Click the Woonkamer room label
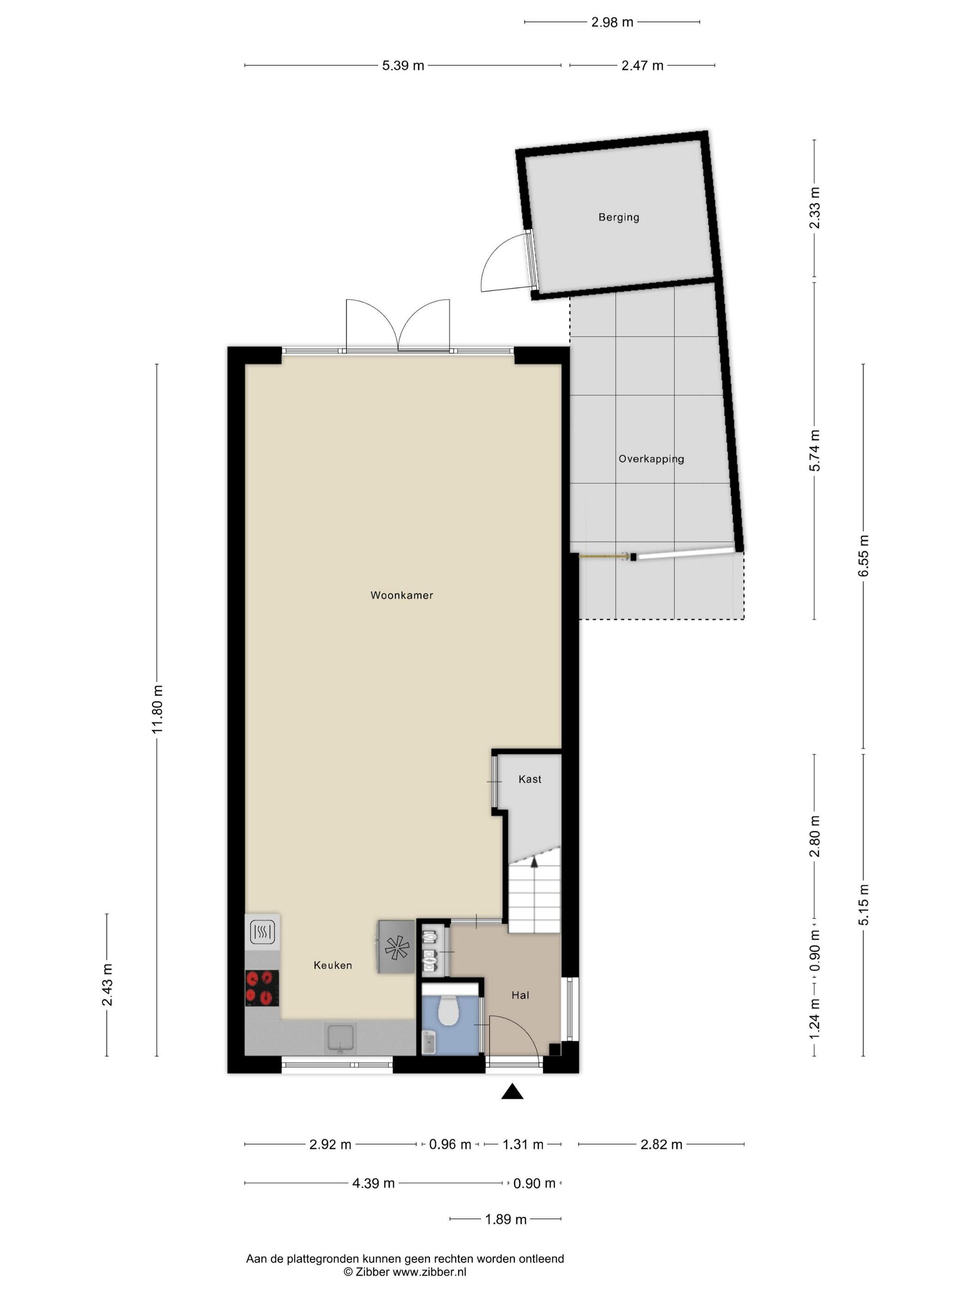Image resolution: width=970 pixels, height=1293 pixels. [402, 596]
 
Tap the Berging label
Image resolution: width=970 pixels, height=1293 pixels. [618, 218]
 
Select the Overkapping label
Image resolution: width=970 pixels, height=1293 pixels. [651, 459]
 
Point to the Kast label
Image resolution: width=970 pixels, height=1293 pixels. [530, 779]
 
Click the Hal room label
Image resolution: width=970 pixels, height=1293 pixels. [520, 995]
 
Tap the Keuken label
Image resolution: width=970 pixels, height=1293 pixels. [333, 965]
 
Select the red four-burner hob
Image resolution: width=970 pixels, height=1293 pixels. [262, 987]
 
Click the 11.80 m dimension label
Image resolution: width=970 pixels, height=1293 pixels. [157, 709]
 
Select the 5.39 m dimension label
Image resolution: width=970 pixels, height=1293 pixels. [403, 66]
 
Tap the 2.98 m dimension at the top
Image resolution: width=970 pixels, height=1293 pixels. [612, 22]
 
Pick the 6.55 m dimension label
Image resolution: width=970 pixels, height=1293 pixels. [864, 556]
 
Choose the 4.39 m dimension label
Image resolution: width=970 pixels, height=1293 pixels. [373, 1184]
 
